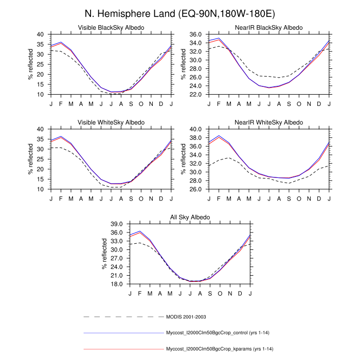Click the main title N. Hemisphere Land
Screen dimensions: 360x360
coord(179,12)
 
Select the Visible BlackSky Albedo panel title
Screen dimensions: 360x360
coord(111,27)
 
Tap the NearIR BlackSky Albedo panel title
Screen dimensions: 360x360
coord(269,27)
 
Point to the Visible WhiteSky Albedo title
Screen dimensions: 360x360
coord(111,122)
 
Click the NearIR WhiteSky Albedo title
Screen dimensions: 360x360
coord(269,122)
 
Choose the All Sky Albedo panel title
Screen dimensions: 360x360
coord(190,218)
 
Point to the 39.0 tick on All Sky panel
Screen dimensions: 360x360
coord(114,224)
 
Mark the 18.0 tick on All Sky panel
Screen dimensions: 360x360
coord(114,284)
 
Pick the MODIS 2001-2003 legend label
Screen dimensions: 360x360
coord(186,316)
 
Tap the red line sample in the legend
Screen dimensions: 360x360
coord(123,349)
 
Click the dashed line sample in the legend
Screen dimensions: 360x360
coord(123,316)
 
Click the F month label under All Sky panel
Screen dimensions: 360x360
coord(140,293)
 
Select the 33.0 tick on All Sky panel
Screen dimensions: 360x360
coord(114,241)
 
